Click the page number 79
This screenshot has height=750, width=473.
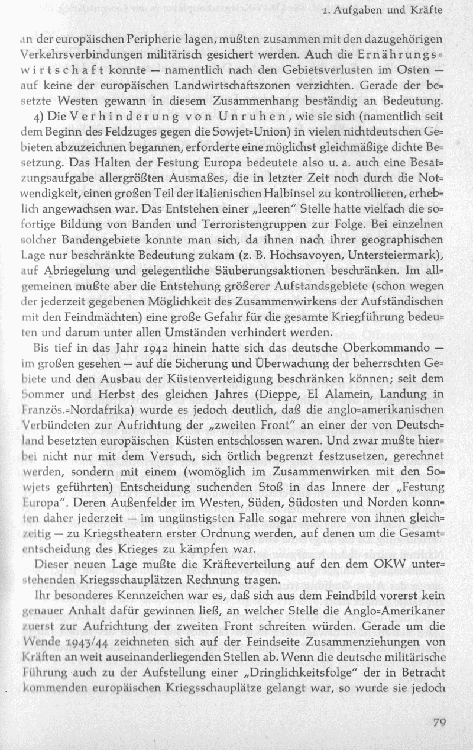point(439,722)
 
